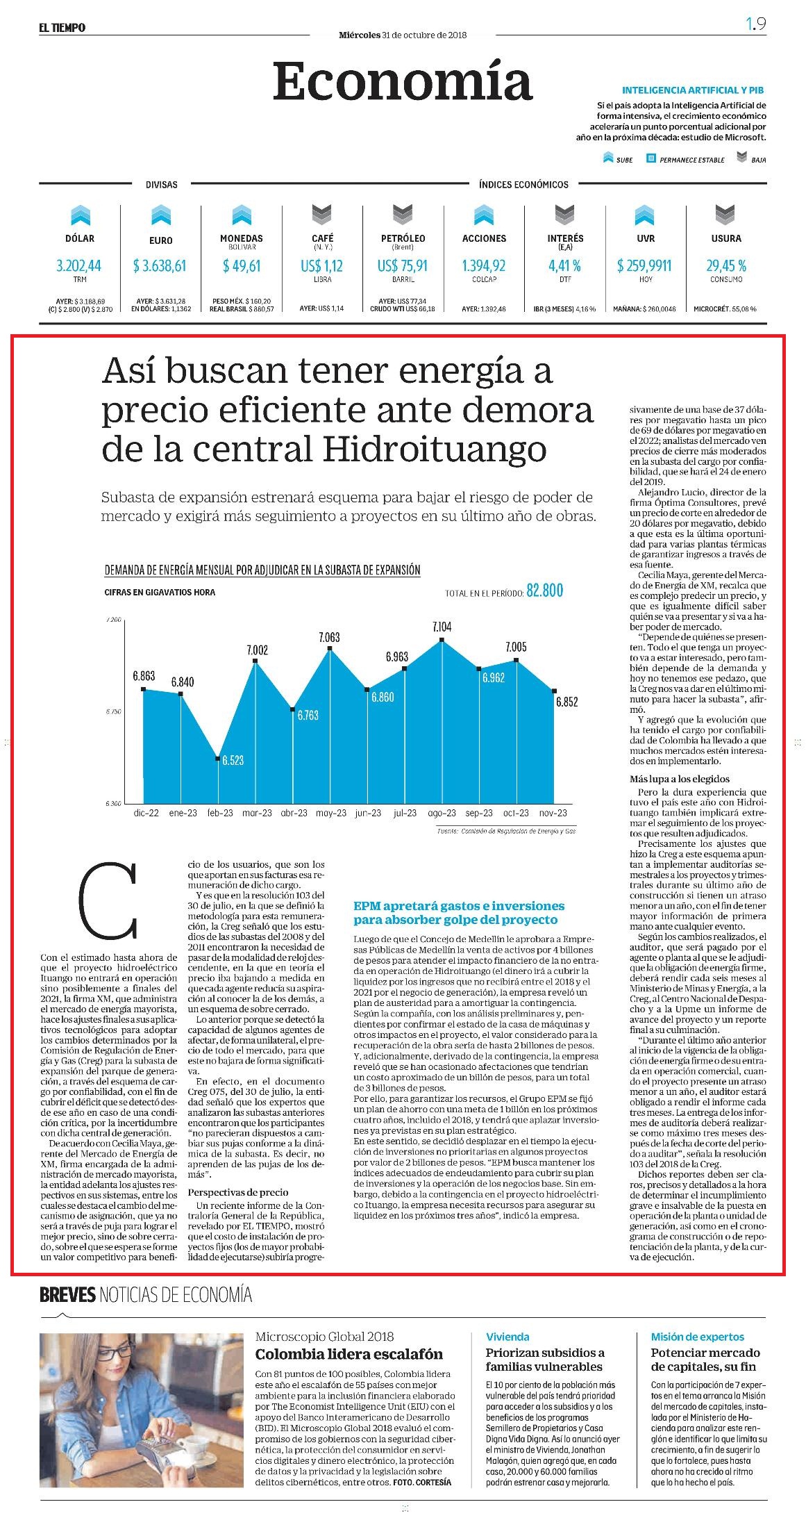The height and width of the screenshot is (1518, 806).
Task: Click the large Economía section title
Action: point(402,81)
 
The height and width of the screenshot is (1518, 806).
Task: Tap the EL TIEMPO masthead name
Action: point(62,28)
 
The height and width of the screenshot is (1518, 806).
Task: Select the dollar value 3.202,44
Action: point(79,265)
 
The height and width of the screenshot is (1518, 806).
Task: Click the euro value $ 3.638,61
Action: point(160,265)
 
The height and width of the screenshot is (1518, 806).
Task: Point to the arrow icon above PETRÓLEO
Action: point(403,215)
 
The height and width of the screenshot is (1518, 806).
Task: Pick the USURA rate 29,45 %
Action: point(726,265)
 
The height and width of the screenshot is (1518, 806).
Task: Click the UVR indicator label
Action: point(645,238)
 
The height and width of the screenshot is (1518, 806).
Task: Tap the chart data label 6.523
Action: point(233,760)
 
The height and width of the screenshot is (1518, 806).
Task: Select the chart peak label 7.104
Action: point(442,627)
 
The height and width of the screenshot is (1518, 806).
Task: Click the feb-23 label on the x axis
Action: point(220,813)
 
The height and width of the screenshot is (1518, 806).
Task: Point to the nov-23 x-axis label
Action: point(553,813)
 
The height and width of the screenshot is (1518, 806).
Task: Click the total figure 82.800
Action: point(545,591)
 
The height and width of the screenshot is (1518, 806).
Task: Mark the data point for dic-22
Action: point(144,689)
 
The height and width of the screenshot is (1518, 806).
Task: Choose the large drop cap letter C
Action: point(108,900)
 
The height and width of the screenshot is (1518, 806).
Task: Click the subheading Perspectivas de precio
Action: point(238,1192)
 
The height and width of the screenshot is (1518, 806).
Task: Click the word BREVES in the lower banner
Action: point(67,1294)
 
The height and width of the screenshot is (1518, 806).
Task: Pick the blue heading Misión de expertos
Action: point(697,1337)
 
